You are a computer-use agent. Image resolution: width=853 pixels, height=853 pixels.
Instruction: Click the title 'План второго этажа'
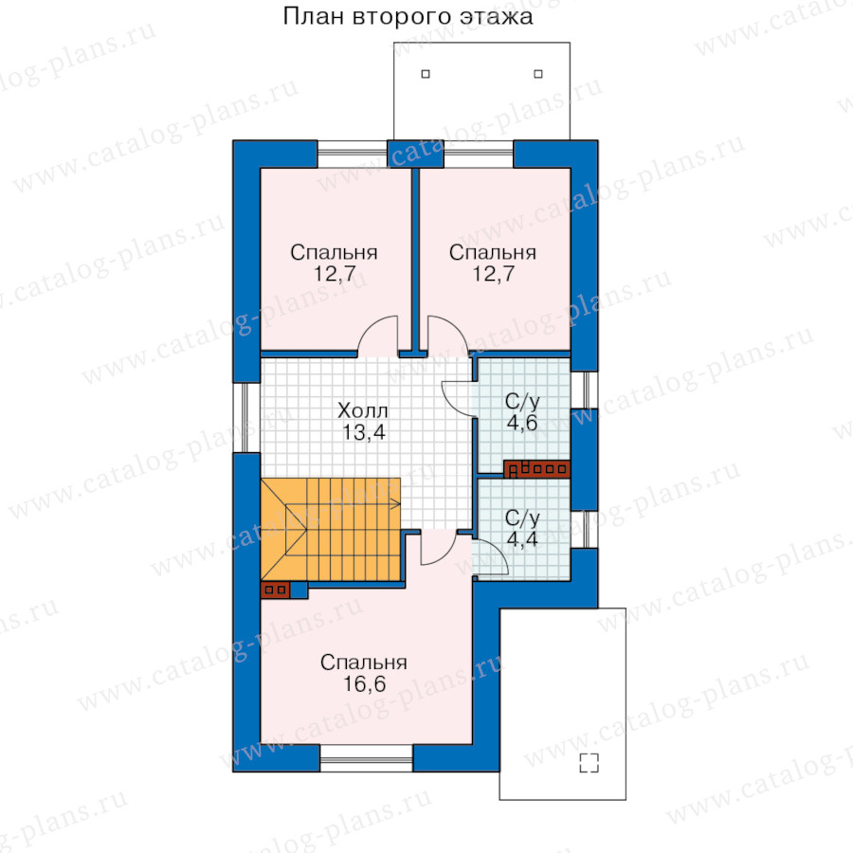pos(408,16)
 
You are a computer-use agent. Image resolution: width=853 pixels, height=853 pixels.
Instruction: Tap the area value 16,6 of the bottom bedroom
pos(364,683)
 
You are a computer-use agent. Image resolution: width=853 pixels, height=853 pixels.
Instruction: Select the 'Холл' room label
pos(362,410)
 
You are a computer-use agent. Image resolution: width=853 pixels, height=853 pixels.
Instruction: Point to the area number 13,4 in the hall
pos(363,432)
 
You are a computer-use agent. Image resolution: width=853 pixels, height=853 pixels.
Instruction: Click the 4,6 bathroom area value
pos(522,422)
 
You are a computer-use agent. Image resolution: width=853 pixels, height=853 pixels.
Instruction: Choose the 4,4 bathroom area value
pos(522,538)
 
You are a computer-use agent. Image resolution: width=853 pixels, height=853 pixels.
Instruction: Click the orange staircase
pos(331,529)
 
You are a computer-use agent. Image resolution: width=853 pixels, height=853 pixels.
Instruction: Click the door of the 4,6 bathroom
pos(459,399)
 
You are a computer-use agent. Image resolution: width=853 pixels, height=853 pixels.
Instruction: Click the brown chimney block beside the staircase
pos(275,590)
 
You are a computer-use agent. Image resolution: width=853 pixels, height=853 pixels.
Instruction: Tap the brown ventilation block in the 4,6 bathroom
pos(537,469)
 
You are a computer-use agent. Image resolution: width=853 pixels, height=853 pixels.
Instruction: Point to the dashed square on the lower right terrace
pos(590,763)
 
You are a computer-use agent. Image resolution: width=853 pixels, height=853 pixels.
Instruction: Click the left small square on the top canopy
pos(426,73)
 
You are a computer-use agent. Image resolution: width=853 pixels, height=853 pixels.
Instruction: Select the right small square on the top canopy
pos(538,73)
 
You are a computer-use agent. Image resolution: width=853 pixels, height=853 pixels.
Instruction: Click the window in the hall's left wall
pos(247,417)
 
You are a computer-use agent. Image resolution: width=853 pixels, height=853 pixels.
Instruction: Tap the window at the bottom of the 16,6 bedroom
pos(366,758)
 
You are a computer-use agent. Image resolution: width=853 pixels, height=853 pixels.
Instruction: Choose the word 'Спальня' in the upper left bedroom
pos(334,253)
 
